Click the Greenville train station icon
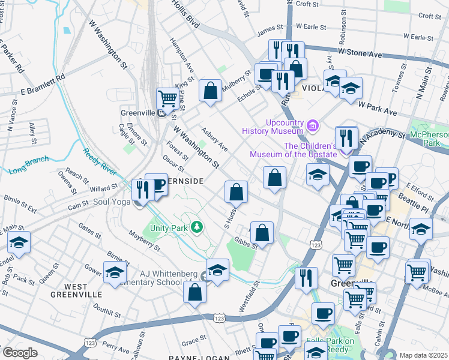(x=161, y=112)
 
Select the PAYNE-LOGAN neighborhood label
(x=200, y=358)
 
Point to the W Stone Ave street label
(x=360, y=54)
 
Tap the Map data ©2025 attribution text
(x=423, y=355)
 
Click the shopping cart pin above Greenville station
(x=167, y=97)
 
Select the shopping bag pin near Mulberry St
(x=211, y=91)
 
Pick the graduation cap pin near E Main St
(x=19, y=242)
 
